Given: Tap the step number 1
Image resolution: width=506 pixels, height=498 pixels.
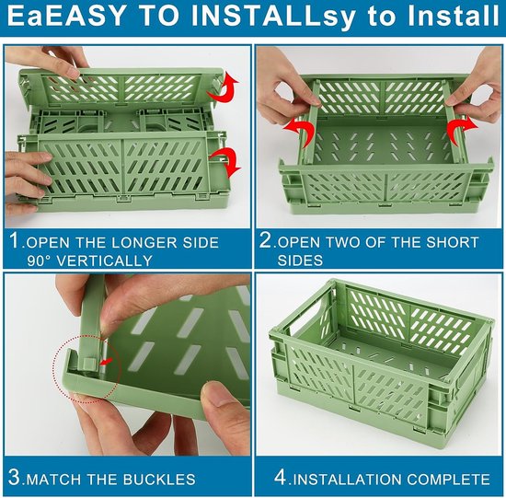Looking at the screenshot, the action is (x=15, y=240).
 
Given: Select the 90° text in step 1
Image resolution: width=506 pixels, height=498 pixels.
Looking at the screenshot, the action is (x=40, y=261).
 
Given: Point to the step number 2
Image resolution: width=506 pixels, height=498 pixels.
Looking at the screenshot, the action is (x=266, y=240).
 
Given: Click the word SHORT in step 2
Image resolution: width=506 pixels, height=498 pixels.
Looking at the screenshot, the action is (x=452, y=242).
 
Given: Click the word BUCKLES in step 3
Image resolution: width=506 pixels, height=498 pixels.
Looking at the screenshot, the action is (x=159, y=480).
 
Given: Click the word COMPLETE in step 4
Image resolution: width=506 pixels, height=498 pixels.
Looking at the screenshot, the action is (x=448, y=480).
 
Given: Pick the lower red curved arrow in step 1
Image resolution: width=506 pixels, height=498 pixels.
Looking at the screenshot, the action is (x=226, y=161).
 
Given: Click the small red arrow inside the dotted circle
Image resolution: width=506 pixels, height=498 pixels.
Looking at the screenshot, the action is (x=109, y=361).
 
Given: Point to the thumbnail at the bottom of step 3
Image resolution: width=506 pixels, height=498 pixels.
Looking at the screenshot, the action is (x=223, y=395).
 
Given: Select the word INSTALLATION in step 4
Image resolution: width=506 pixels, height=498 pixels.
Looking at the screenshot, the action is (x=347, y=480).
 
